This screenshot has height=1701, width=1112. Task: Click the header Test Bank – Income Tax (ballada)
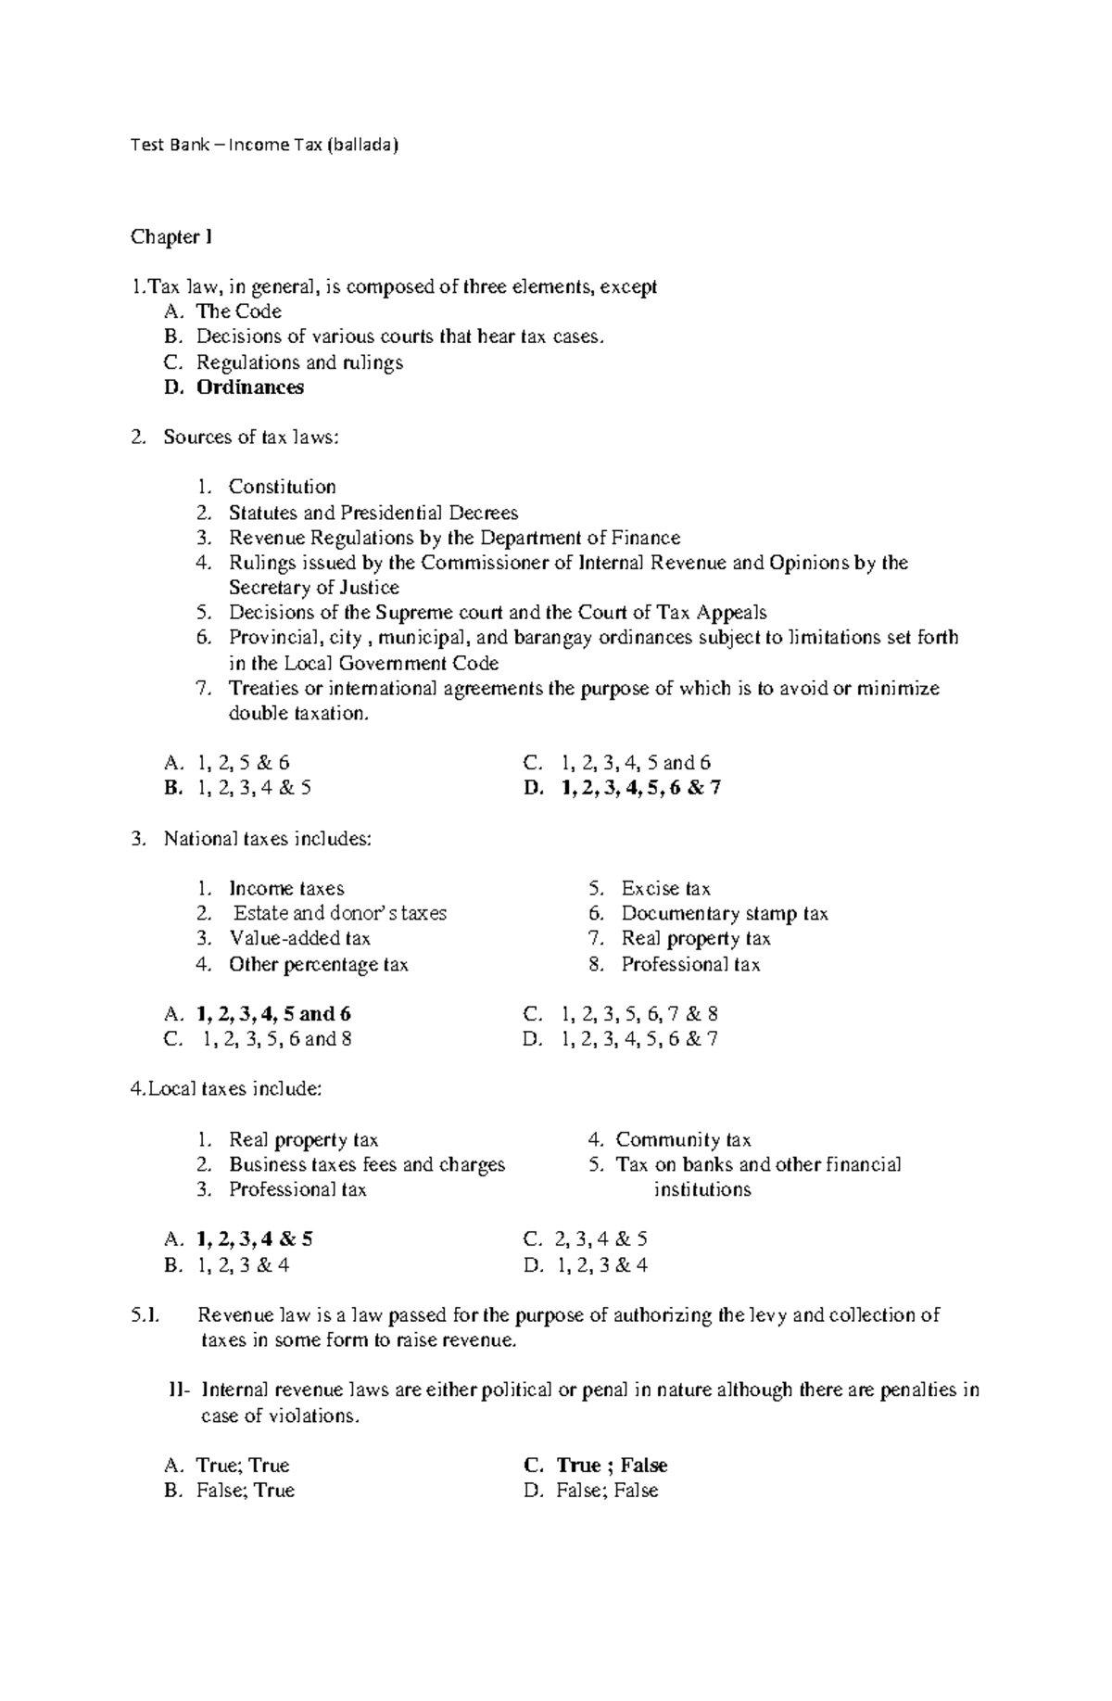tap(264, 145)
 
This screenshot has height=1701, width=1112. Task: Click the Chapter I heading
tap(171, 237)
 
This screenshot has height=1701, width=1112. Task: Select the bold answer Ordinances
tap(249, 387)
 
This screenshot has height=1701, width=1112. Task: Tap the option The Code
tap(238, 311)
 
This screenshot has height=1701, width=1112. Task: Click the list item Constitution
tap(282, 487)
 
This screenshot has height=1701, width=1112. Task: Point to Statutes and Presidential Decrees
tap(373, 513)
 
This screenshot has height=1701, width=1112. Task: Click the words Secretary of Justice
tap(313, 588)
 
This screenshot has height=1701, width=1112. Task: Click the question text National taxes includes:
tap(267, 839)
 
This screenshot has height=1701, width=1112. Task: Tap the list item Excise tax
tap(665, 889)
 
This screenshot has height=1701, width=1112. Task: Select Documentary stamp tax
tap(724, 914)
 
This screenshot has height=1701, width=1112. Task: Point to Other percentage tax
tap(318, 965)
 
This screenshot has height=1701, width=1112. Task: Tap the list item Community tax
tap(683, 1140)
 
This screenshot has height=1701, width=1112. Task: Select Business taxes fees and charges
tap(367, 1165)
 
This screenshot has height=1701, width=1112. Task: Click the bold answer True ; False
tap(612, 1466)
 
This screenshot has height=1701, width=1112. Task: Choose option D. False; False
tap(606, 1491)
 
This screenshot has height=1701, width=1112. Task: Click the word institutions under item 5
tap(701, 1190)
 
